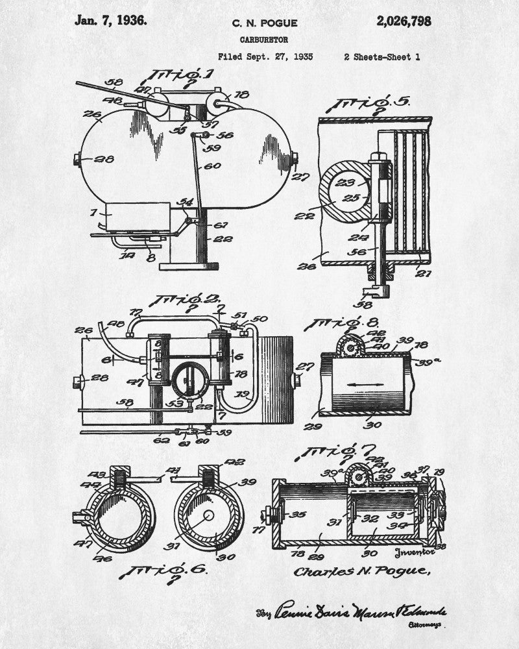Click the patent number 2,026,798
[403, 21]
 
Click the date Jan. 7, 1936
[111, 19]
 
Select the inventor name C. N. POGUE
[265, 23]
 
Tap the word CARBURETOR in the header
[264, 40]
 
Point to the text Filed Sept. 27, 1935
[265, 57]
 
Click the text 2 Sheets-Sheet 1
[381, 57]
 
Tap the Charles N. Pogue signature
[361, 571]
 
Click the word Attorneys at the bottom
[425, 625]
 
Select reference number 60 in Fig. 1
[213, 165]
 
